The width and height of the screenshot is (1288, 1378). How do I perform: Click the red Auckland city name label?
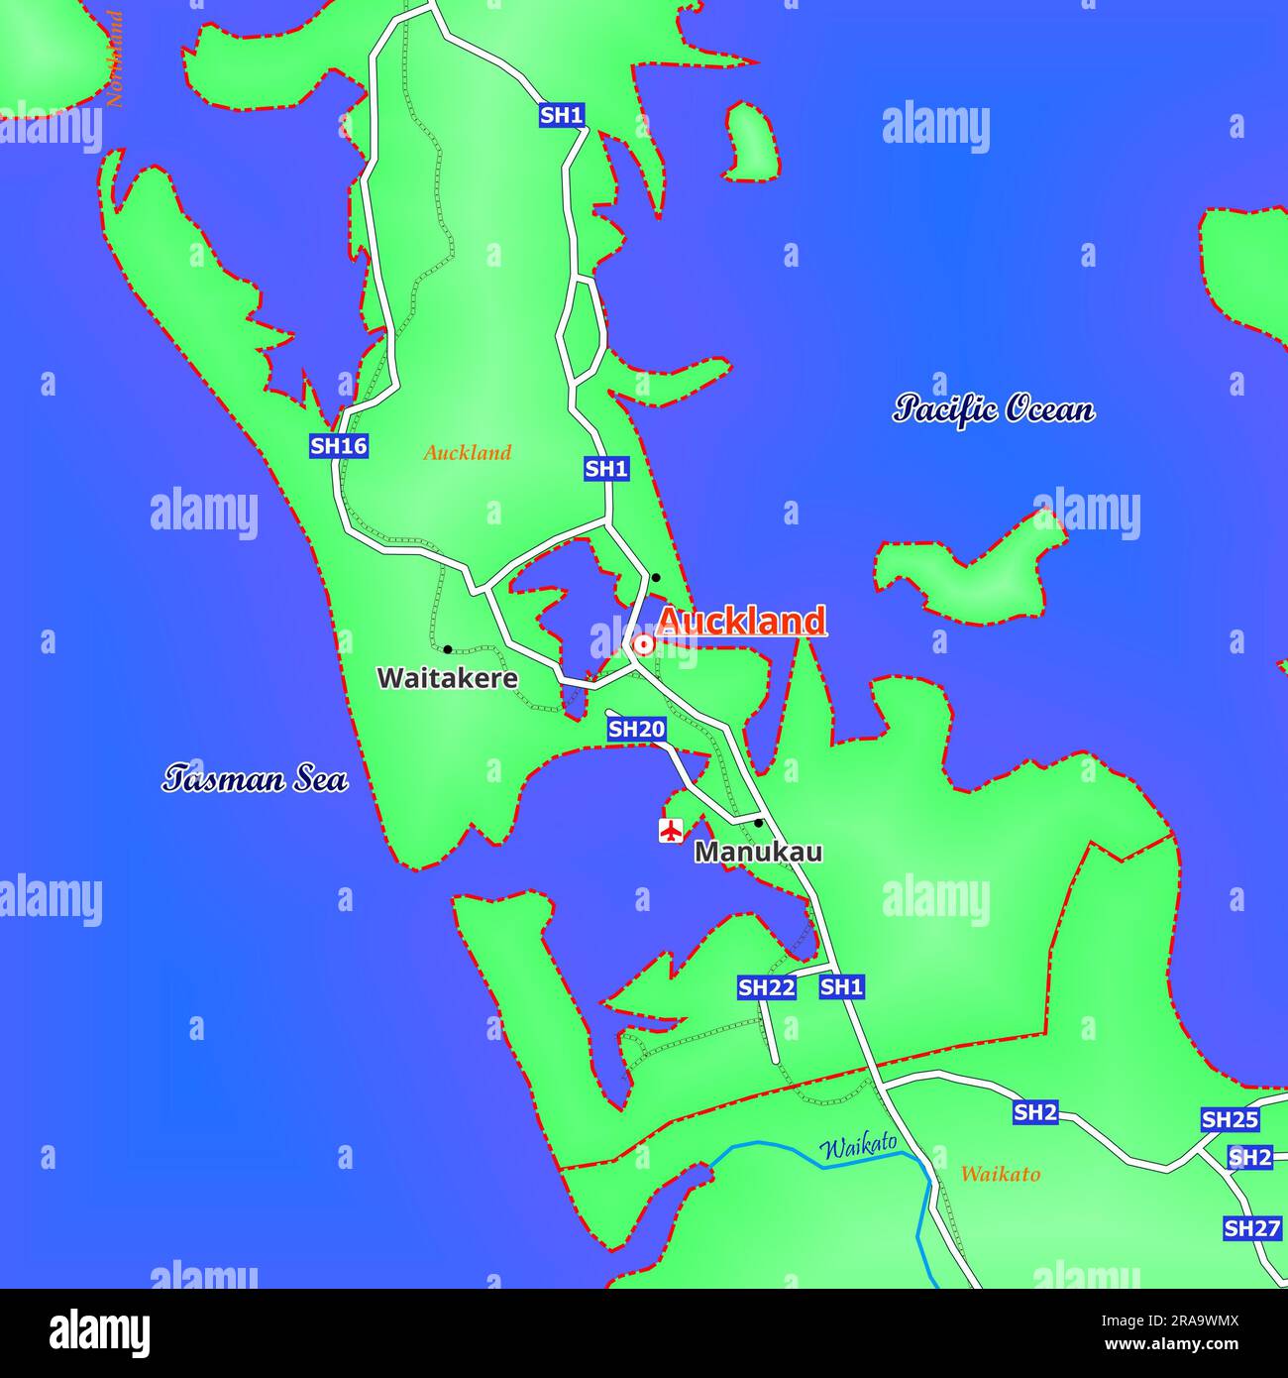pos(740,621)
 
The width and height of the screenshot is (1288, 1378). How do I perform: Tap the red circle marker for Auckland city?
pos(643,645)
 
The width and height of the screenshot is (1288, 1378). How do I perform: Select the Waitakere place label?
pos(448,678)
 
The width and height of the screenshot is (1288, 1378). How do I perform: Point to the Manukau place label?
pos(758,852)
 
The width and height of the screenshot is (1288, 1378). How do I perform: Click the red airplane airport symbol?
pos(672,830)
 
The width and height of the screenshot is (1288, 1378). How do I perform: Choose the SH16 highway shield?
pos(339,446)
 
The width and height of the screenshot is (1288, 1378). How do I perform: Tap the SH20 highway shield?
pos(636,730)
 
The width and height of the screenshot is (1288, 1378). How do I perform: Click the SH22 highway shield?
pos(767,987)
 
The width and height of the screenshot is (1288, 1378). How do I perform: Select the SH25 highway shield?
pos(1230,1120)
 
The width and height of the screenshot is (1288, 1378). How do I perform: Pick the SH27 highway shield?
pos(1252,1229)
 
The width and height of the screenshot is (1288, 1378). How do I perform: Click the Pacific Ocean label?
pos(994,408)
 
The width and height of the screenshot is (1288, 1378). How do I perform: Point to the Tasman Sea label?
pos(255,779)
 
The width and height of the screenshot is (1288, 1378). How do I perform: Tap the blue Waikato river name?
pos(857,1146)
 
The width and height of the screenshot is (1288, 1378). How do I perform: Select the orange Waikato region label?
pos(1001,1175)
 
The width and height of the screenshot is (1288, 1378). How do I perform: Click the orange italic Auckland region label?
pos(468,453)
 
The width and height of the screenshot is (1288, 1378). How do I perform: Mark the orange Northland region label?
pos(115,59)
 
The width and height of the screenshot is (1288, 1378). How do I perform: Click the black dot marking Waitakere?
pos(448,649)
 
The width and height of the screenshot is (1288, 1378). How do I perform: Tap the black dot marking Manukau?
pos(758,823)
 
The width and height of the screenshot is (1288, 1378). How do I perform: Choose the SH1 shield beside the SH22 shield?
pos(842,986)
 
